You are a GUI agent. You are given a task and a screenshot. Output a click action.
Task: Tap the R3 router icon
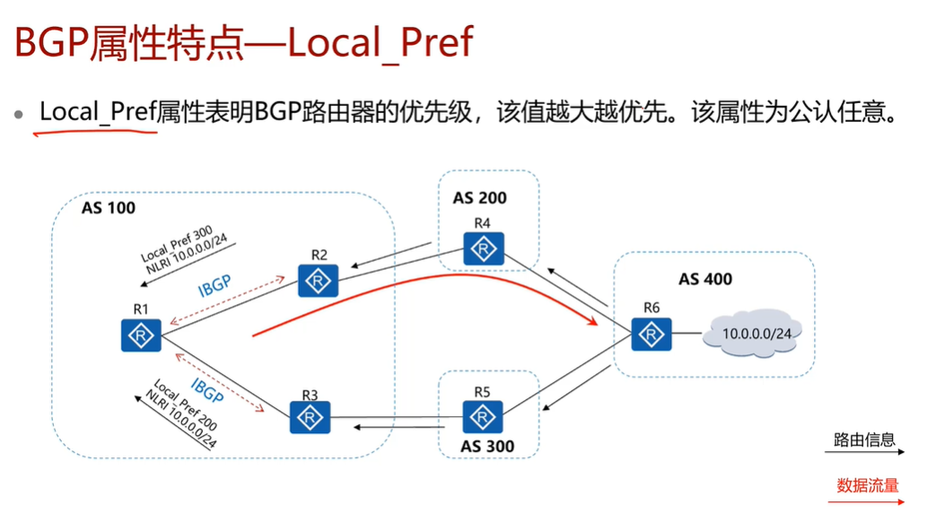[x=310, y=417]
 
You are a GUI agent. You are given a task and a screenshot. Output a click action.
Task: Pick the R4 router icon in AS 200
[x=484, y=248]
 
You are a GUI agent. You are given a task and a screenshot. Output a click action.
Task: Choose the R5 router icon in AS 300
[x=484, y=417]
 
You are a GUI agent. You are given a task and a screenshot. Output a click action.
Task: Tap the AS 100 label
[x=108, y=208]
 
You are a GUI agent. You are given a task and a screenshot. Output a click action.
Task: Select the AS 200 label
[x=479, y=198]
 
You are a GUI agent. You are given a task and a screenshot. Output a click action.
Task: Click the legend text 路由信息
[x=864, y=439]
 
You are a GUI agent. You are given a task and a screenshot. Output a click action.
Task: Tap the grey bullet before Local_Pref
[x=18, y=115]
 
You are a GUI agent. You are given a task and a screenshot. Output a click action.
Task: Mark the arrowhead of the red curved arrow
[x=593, y=321]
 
